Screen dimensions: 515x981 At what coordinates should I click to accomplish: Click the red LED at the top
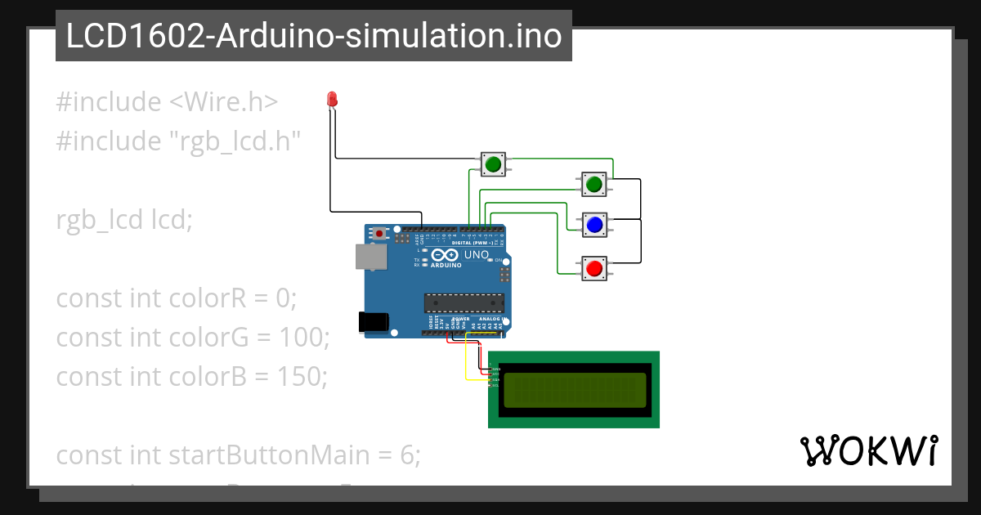(332, 100)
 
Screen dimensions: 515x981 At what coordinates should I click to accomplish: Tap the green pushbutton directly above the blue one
(594, 185)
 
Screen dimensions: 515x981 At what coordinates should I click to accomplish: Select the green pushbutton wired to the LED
(492, 165)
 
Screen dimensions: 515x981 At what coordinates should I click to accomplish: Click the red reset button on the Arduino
(379, 233)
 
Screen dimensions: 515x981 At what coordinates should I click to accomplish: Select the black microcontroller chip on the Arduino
(463, 302)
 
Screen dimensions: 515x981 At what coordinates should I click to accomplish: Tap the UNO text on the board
(476, 255)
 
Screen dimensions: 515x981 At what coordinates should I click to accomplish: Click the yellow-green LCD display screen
(574, 390)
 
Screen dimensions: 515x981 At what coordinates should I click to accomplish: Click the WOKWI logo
(868, 450)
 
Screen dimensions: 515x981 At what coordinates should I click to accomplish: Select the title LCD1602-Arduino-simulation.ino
(313, 36)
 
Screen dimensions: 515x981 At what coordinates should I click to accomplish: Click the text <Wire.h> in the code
(223, 102)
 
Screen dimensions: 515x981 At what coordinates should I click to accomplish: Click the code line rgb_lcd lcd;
(124, 220)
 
